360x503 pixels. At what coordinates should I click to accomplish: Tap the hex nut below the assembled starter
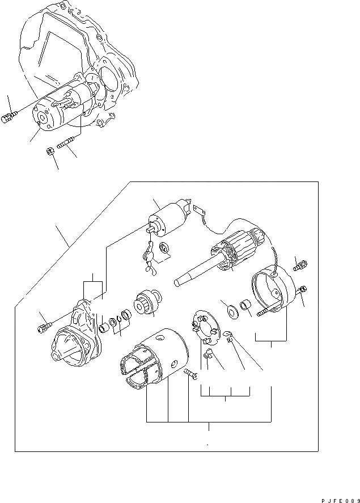pyautogui.click(x=50, y=151)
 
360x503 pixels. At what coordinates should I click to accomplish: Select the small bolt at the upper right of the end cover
pyautogui.click(x=300, y=263)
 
